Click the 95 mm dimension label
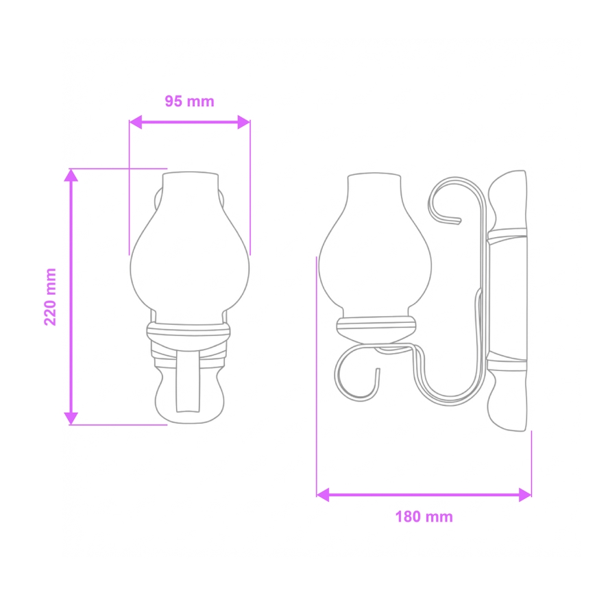(x=189, y=101)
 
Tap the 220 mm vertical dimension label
(x=51, y=296)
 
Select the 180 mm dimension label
(x=424, y=517)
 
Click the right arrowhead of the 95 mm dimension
(x=243, y=122)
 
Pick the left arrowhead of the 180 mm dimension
(x=323, y=494)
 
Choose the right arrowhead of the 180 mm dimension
(x=525, y=494)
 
